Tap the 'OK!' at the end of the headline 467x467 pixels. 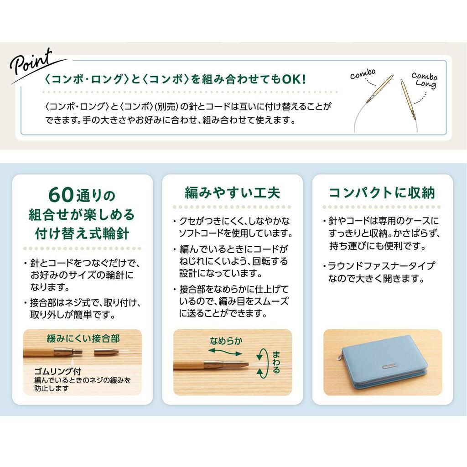coord(294,79)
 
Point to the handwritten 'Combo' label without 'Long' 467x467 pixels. coord(363,74)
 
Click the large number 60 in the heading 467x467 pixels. coord(60,195)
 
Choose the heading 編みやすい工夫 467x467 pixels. coord(232,192)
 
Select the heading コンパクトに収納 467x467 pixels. coord(382,192)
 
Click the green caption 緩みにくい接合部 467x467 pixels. coord(83,338)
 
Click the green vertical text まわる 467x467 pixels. coord(276,362)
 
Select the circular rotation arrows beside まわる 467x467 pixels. coord(261,363)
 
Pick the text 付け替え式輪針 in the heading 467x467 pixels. coord(82,233)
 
